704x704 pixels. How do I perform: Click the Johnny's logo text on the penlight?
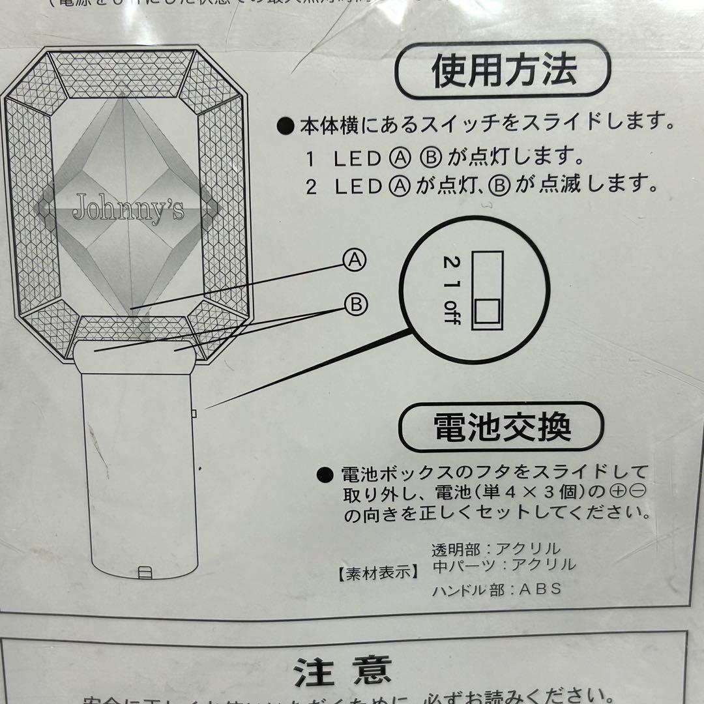coord(128,209)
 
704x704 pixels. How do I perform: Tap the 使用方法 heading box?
coord(503,70)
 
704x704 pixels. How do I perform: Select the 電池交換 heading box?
coord(501,428)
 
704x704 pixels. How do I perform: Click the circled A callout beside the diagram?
coord(355,261)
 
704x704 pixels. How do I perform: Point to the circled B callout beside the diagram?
coord(356,304)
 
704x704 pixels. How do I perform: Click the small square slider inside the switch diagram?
coord(486,312)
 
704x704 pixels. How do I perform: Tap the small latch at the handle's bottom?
coord(145,573)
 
